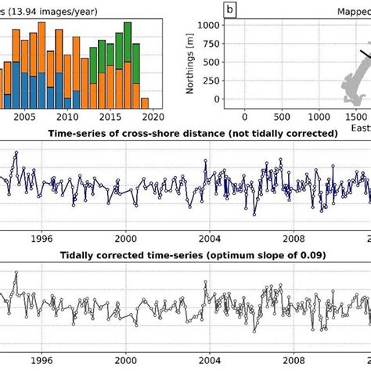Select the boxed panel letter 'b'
(230, 9)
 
